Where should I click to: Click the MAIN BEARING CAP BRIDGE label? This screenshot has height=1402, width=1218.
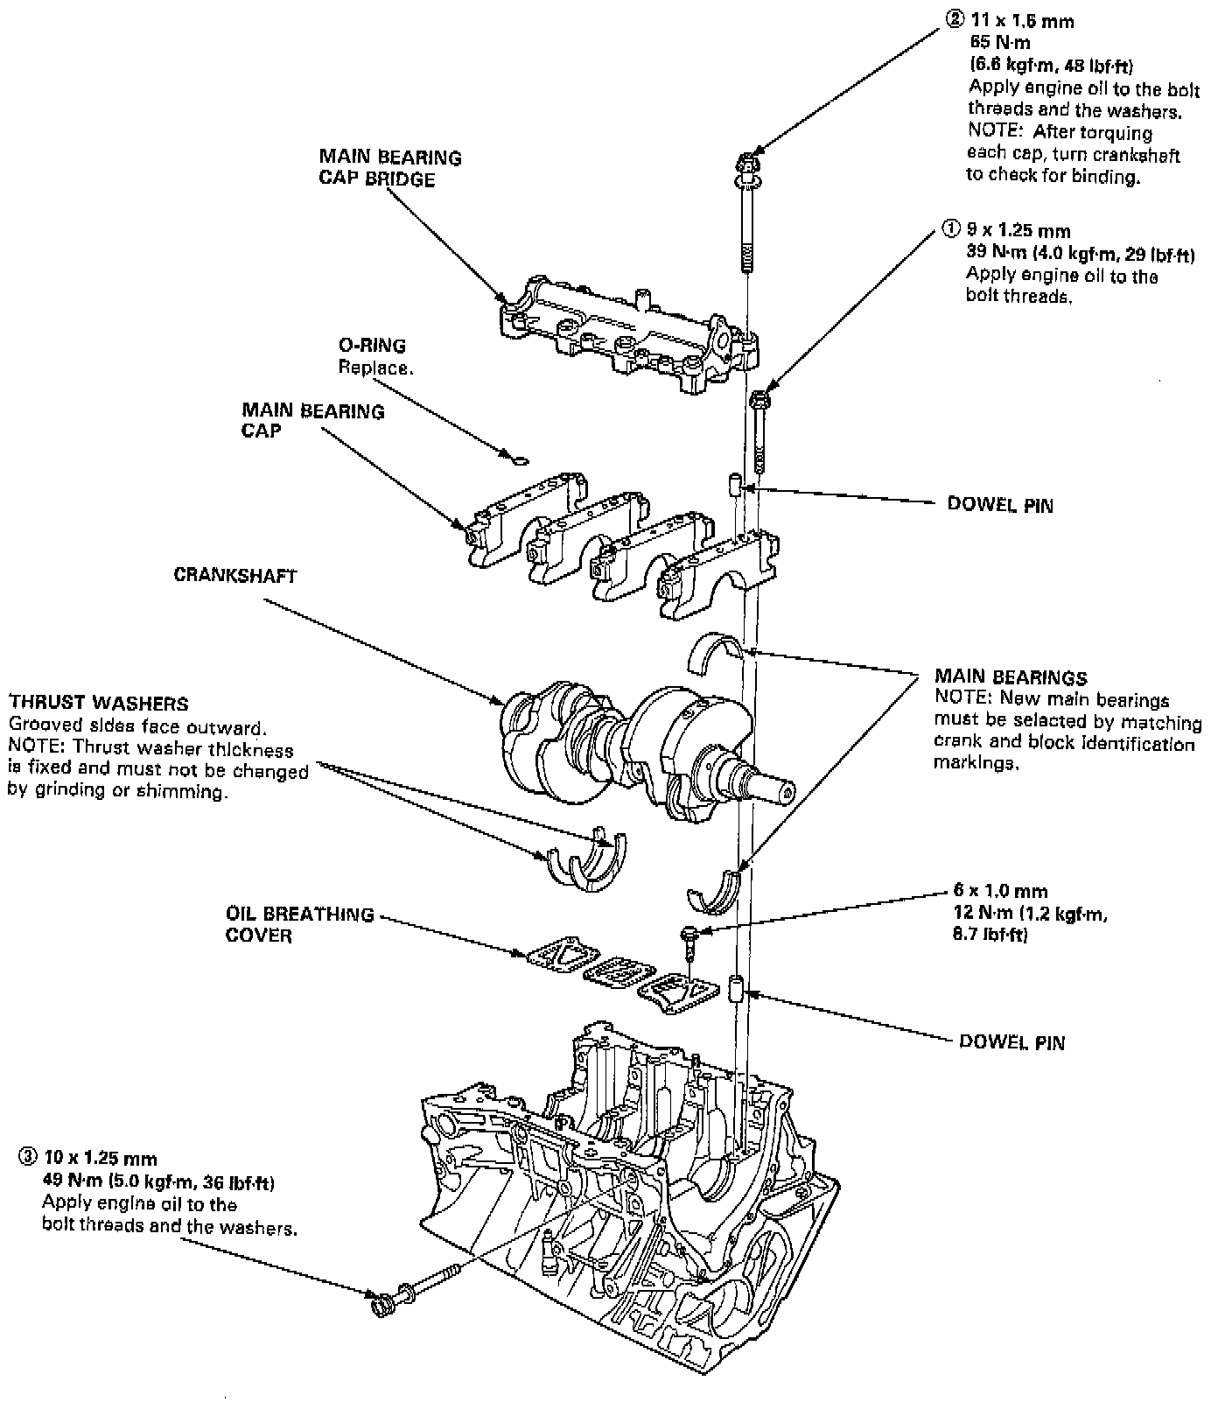tap(389, 168)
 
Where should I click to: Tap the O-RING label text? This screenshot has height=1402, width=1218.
tap(372, 346)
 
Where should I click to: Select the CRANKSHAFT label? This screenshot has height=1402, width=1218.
tap(234, 576)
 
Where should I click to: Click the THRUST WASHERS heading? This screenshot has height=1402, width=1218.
tap(98, 704)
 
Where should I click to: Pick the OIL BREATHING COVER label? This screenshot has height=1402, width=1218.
tap(299, 925)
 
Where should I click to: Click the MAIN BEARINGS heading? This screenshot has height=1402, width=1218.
tap(1011, 677)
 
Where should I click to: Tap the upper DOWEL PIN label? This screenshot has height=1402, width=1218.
tap(1000, 505)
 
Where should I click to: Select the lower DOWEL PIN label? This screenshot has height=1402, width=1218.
tap(1012, 1042)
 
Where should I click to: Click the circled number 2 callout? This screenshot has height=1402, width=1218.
tap(953, 20)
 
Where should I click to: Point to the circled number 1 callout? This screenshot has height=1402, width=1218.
tap(950, 230)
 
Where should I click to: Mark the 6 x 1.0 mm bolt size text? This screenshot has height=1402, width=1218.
tap(1000, 892)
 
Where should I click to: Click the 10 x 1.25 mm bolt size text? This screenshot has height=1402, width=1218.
tap(99, 1160)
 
